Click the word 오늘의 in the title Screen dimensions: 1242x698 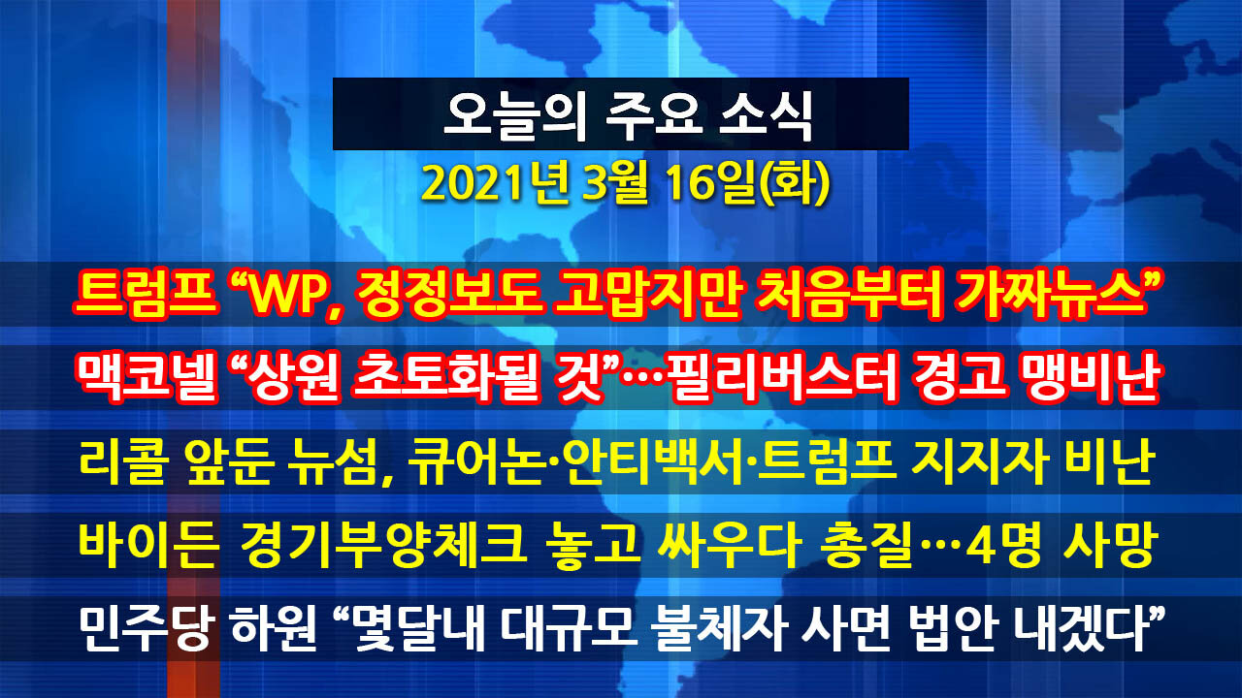click(x=514, y=114)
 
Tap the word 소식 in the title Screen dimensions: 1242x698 click(x=767, y=114)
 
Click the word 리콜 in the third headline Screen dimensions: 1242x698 click(x=122, y=463)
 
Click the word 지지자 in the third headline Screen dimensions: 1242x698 click(x=980, y=463)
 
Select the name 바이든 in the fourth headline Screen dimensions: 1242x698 click(x=147, y=545)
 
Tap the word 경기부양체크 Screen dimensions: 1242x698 click(x=383, y=545)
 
